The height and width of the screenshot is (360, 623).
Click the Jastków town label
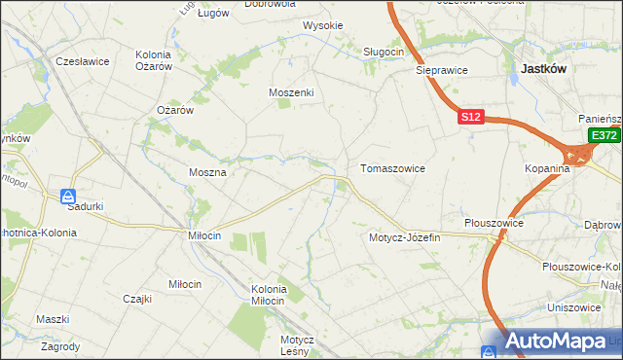[544, 69]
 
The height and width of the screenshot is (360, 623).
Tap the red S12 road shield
[471, 117]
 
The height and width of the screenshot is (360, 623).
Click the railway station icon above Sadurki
[67, 195]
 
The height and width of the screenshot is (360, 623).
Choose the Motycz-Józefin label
[405, 237]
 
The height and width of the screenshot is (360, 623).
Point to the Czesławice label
[82, 60]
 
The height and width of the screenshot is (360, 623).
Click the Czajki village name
[137, 299]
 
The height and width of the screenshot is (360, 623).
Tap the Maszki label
[53, 319]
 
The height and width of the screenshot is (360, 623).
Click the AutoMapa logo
[557, 342]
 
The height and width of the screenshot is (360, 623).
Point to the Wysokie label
[322, 25]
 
